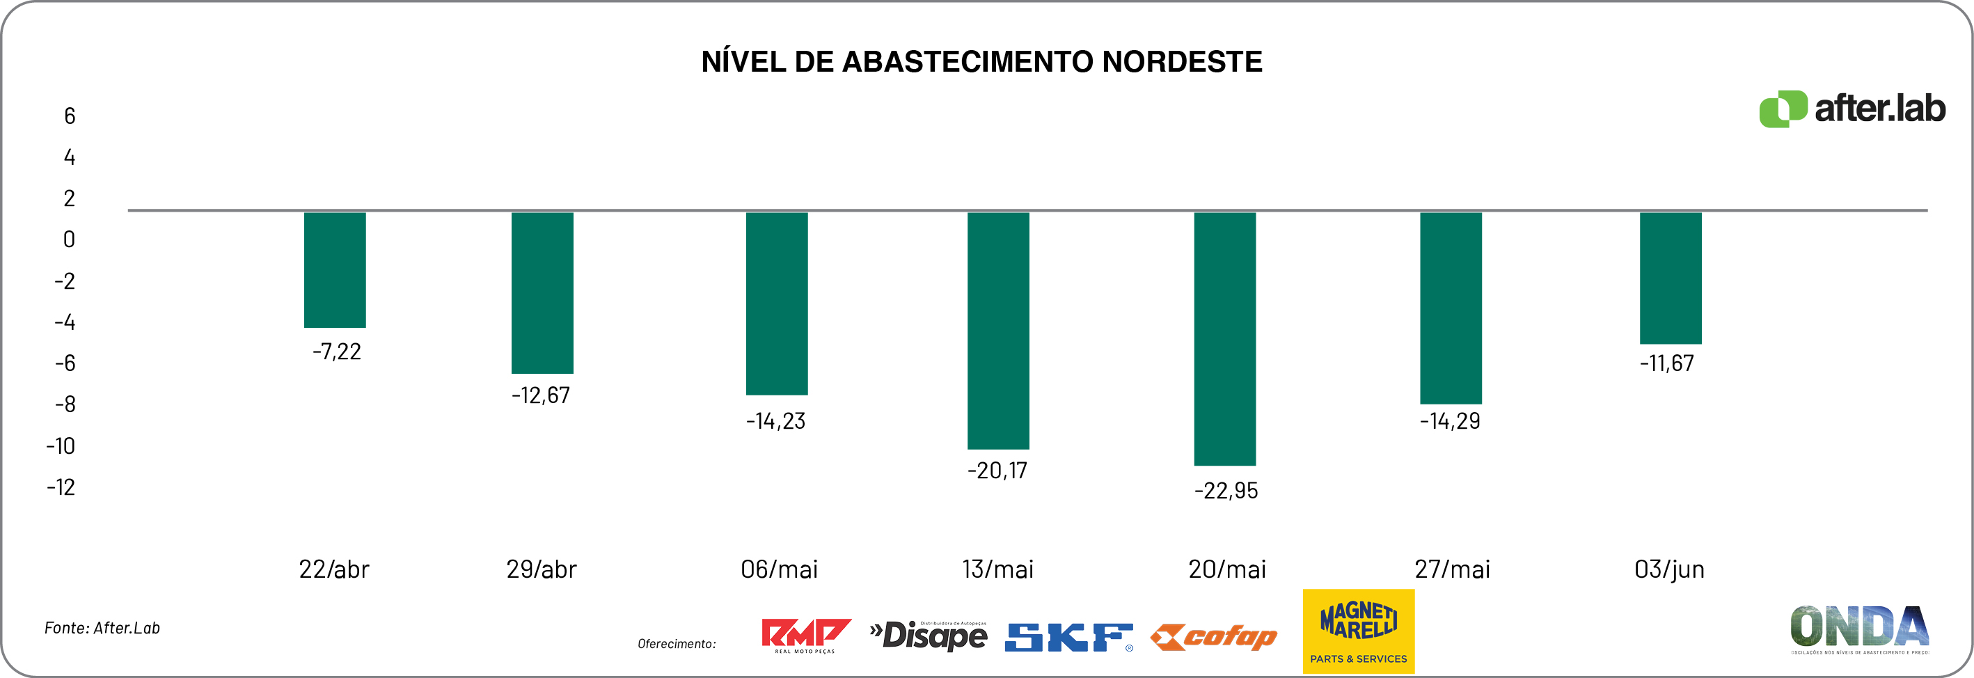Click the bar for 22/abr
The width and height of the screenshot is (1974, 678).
point(335,269)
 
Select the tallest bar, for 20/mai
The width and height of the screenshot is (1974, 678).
point(1224,338)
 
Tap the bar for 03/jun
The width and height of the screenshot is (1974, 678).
point(1671,278)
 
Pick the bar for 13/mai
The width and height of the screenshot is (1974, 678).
point(997,330)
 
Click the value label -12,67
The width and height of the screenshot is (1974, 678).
point(541,395)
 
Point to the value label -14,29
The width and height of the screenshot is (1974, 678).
point(1450,421)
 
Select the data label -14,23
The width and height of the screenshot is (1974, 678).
point(775,421)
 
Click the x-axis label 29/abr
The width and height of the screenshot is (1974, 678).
point(541,569)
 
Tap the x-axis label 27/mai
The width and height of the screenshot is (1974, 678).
point(1452,569)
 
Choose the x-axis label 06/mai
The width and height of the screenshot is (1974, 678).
point(779,569)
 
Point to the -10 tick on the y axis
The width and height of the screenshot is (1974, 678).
point(61,446)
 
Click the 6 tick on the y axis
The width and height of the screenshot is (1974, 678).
point(70,116)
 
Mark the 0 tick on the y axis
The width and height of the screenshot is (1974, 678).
point(69,239)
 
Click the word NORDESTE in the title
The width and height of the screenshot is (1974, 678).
point(1182,62)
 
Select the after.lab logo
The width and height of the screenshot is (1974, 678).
point(1851,109)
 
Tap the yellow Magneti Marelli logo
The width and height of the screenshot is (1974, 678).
point(1358,631)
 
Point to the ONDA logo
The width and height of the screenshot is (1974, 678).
point(1859,628)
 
